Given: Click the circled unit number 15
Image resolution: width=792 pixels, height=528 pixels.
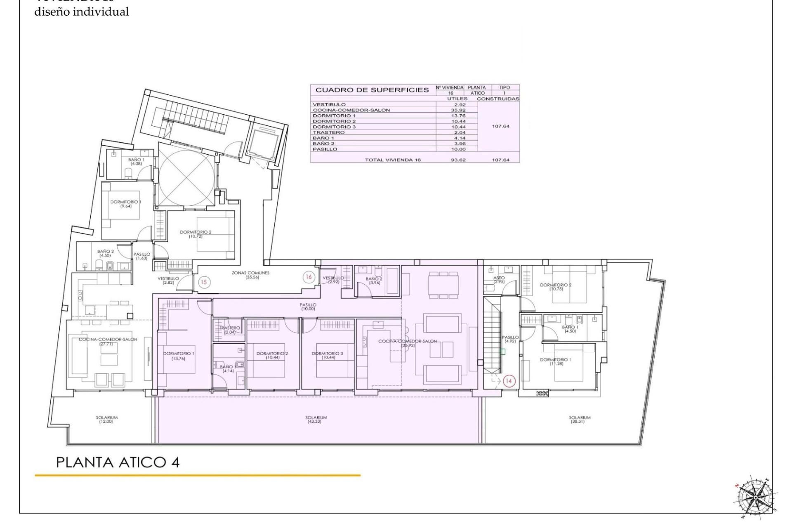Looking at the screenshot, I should pyautogui.click(x=204, y=282).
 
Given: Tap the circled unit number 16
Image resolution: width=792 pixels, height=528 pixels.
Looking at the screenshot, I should pyautogui.click(x=309, y=277).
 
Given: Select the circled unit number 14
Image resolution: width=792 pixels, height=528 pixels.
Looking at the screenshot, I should pyautogui.click(x=508, y=381).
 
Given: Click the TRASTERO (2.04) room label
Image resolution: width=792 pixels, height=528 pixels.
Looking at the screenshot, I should pyautogui.click(x=230, y=330).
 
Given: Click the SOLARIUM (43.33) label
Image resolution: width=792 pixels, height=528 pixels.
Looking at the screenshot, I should pyautogui.click(x=316, y=420).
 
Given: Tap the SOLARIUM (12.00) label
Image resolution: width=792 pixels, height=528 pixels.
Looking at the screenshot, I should pyautogui.click(x=107, y=420).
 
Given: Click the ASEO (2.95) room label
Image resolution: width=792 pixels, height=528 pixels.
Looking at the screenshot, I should pyautogui.click(x=499, y=280).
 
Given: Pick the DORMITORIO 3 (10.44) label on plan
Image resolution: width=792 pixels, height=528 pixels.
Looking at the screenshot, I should pyautogui.click(x=327, y=356).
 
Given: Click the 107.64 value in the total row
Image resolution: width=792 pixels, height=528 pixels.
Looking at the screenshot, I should pyautogui.click(x=500, y=160).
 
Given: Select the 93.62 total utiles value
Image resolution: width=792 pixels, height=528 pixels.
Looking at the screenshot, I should pyautogui.click(x=458, y=160).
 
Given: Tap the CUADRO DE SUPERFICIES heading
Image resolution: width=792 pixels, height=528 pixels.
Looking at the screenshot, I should pyautogui.click(x=372, y=90).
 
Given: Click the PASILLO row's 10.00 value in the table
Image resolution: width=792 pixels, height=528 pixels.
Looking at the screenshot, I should pyautogui.click(x=458, y=149).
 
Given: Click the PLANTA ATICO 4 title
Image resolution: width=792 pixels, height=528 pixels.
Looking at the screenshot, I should pyautogui.click(x=118, y=462).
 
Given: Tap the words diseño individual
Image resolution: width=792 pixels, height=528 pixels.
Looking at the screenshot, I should pyautogui.click(x=81, y=12).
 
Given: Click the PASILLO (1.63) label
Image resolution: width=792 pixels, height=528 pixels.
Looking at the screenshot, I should pyautogui.click(x=141, y=256).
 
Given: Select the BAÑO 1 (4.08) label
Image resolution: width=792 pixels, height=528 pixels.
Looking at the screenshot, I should pyautogui.click(x=136, y=161).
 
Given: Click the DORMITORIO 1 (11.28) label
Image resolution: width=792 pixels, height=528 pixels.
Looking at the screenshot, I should pyautogui.click(x=556, y=362).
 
